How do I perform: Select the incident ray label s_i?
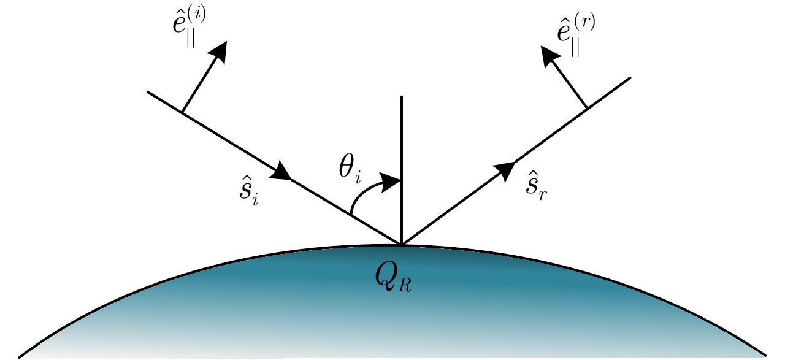pyautogui.click(x=248, y=192)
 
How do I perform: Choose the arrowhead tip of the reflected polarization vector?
pyautogui.click(x=542, y=50)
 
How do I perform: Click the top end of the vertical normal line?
pyautogui.click(x=401, y=96)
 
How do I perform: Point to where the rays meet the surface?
pyautogui.click(x=401, y=245)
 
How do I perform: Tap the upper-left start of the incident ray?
pyautogui.click(x=148, y=92)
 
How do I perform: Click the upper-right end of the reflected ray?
pyautogui.click(x=630, y=78)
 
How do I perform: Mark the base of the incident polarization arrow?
pyautogui.click(x=182, y=112)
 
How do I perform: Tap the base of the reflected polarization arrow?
pyautogui.click(x=588, y=109)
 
